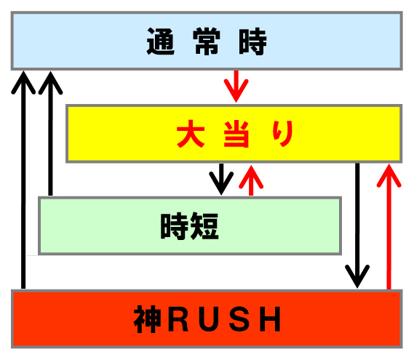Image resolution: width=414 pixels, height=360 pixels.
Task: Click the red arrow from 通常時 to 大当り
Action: coord(236,87)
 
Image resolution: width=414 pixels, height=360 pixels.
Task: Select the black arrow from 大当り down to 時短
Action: coord(221,180)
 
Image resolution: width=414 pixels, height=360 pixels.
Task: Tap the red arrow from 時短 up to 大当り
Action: coord(251,180)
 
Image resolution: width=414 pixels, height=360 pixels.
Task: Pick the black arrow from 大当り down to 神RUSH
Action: coord(357,225)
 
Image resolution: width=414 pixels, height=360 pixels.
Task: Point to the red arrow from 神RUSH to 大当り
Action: coord(389,226)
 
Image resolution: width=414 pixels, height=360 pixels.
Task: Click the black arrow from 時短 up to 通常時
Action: coord(50,133)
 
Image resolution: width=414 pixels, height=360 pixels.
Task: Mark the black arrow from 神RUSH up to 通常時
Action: coord(23,180)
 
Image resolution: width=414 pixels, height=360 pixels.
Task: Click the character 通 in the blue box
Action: coord(161,41)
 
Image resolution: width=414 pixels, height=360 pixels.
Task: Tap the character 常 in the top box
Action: coord(207,41)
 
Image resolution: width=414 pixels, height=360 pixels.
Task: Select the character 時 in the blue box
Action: coord(252,41)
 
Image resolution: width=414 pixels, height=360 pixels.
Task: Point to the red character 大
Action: coord(191,134)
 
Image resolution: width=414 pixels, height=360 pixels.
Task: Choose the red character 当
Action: coord(236,134)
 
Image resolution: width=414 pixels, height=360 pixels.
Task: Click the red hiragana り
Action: coord(283,134)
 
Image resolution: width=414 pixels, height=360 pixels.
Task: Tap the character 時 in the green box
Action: coord(175,226)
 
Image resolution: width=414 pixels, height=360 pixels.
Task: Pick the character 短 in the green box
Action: coord(204,226)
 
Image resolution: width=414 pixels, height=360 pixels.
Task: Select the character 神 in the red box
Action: coord(147,319)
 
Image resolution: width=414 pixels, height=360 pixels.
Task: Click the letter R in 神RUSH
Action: coord(178,319)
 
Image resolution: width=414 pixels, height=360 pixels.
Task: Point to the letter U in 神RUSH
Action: coord(210,319)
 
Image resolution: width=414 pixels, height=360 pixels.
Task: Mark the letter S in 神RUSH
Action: coord(239,319)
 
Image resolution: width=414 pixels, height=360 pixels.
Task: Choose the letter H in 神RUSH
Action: coord(270,319)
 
